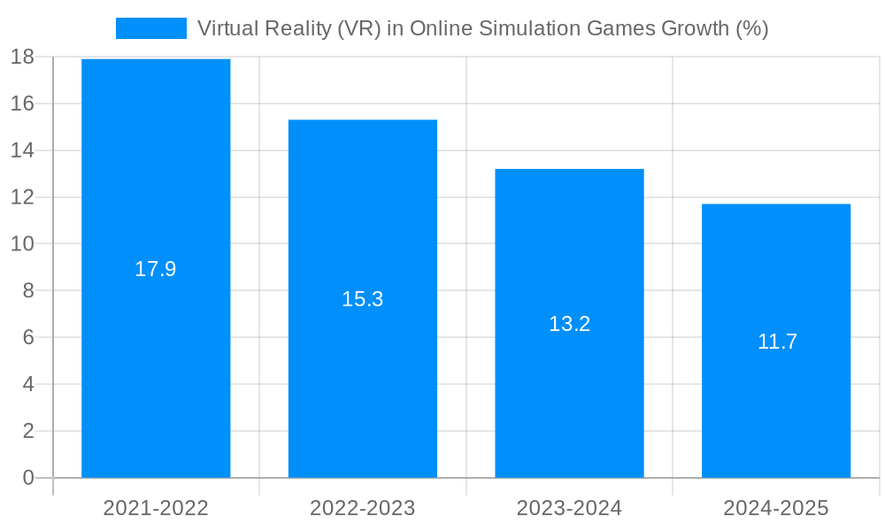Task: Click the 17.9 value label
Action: click(x=156, y=269)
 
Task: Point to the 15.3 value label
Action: click(x=363, y=299)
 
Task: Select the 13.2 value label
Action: click(x=569, y=324)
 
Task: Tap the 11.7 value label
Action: click(x=777, y=342)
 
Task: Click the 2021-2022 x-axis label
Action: click(x=156, y=508)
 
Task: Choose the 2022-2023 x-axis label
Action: click(x=363, y=508)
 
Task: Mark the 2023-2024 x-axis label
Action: click(x=569, y=508)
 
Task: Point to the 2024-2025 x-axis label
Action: click(x=776, y=508)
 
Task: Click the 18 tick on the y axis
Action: click(x=22, y=57)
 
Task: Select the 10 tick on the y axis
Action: click(x=22, y=243)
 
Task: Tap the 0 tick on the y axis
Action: click(x=27, y=478)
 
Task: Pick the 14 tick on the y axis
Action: click(x=22, y=150)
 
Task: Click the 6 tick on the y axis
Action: click(x=27, y=337)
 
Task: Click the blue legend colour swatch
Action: click(x=151, y=28)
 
